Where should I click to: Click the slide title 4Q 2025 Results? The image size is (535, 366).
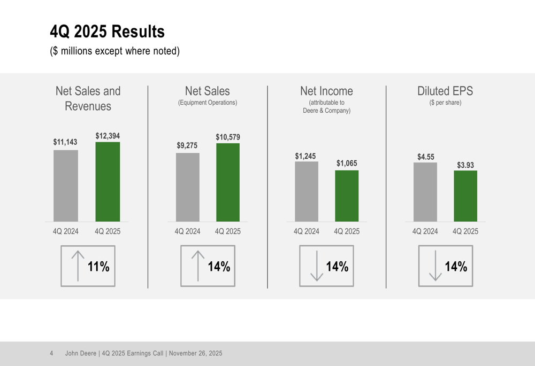pos(107,32)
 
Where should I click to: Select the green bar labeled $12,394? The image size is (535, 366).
pos(108,182)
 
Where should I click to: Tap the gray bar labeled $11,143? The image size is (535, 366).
pos(65,185)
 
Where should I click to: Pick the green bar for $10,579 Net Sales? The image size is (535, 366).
pos(228,182)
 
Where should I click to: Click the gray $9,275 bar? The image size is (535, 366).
pos(187,187)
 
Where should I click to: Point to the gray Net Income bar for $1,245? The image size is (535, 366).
pos(306,191)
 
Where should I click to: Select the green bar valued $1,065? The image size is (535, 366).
pos(347,196)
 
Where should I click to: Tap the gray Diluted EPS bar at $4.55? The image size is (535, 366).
pos(425,192)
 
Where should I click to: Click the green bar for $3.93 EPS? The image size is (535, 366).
pos(465,196)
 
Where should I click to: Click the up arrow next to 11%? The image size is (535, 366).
pos(78,266)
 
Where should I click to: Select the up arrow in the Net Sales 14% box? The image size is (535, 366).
pos(198,266)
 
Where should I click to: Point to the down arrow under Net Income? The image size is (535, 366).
pos(317,266)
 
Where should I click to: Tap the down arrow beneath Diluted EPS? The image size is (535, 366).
pos(435,266)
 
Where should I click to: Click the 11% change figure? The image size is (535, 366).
pos(98,267)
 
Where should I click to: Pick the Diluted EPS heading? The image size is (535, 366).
pos(445,91)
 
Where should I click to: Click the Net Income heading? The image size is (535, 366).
pos(326,91)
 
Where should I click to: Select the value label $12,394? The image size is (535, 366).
pos(108,136)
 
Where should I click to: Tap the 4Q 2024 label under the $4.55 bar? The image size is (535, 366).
pos(425,231)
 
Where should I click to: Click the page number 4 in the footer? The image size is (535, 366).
pos(51,353)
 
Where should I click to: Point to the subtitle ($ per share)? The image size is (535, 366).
pos(445,103)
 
